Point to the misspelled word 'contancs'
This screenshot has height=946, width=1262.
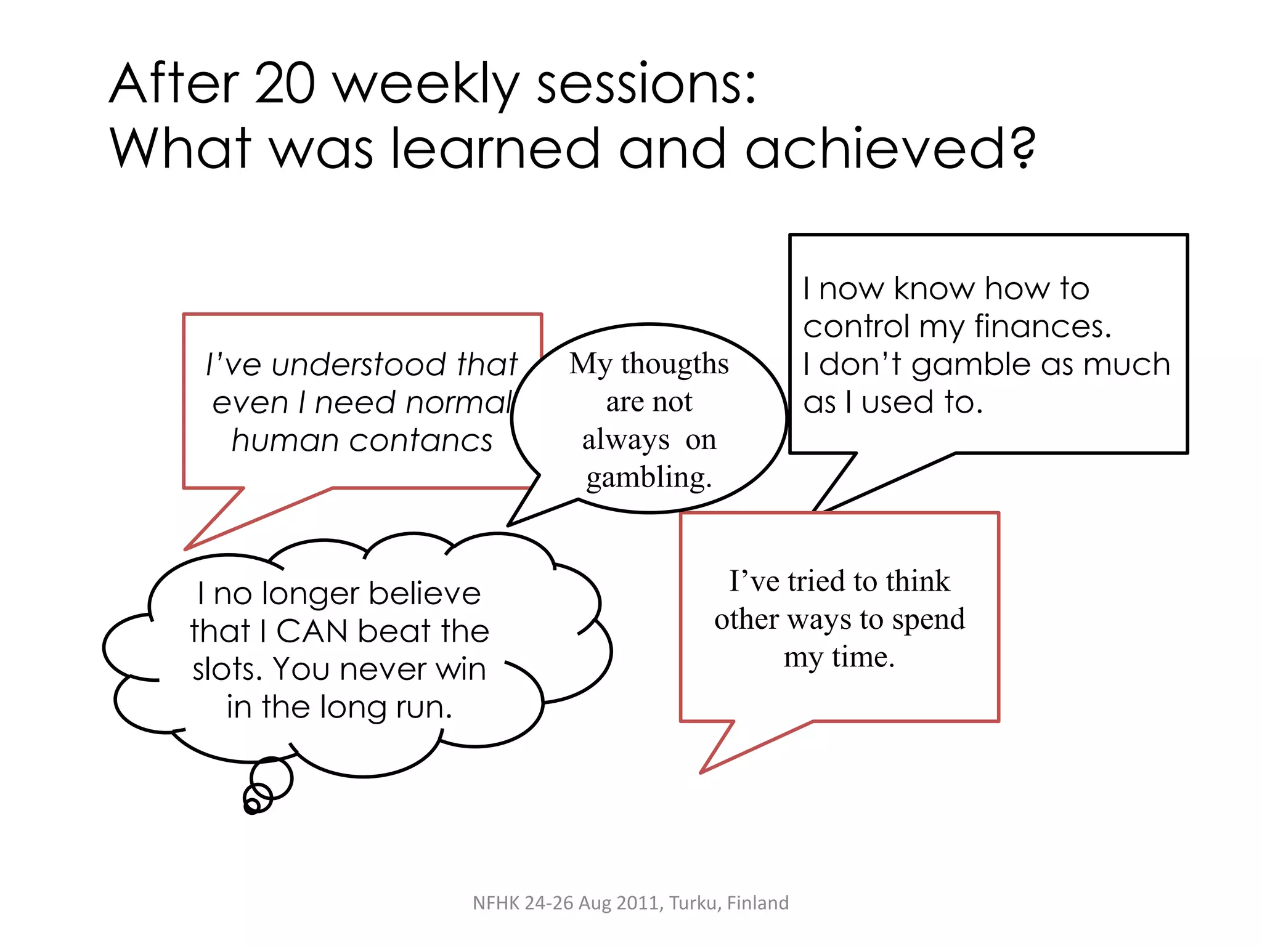(x=423, y=441)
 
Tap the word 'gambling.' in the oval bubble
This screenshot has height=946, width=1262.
(x=649, y=478)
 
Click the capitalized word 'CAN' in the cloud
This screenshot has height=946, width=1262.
(x=312, y=631)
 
